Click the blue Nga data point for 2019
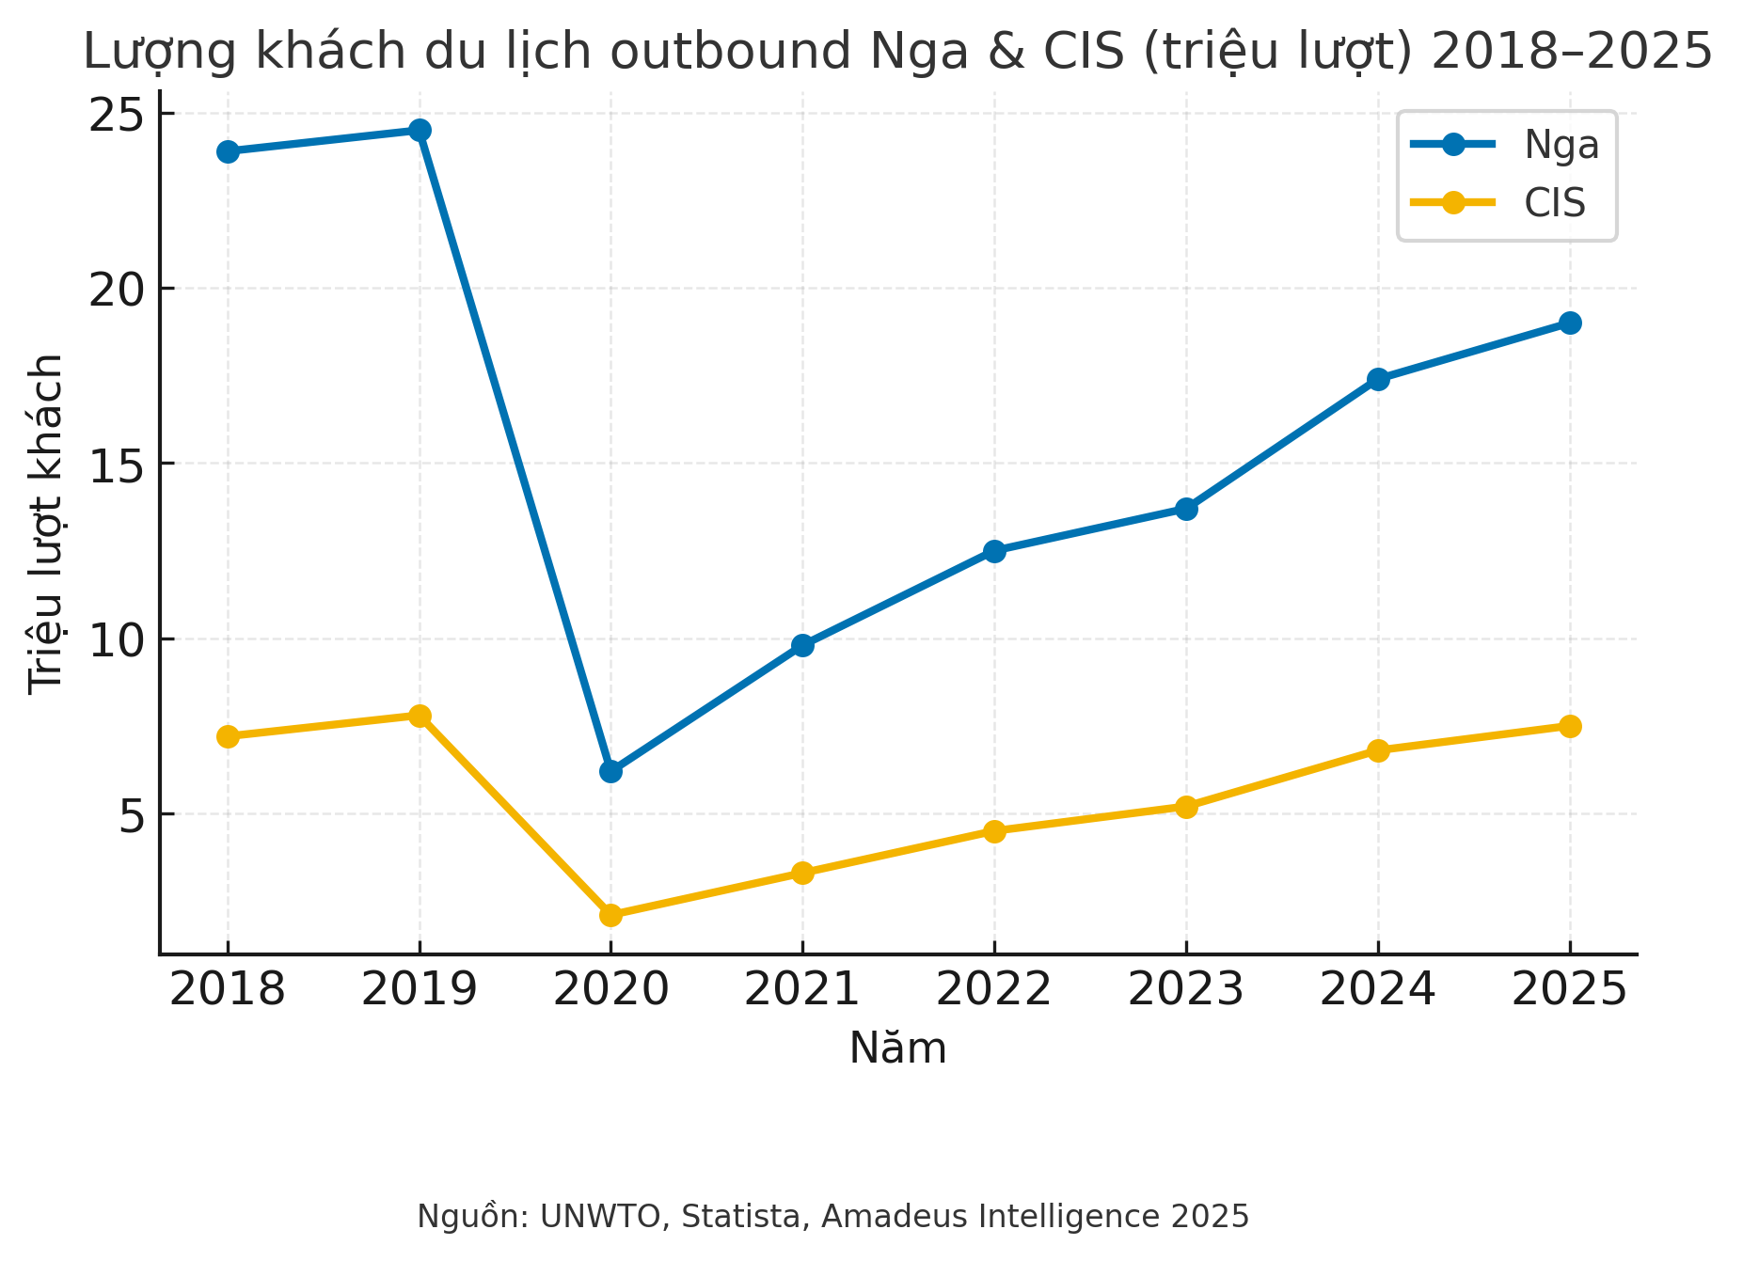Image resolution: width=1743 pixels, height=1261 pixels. (420, 130)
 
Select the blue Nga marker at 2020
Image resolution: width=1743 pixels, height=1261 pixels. (610, 771)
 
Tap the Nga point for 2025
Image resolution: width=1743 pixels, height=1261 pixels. (1569, 323)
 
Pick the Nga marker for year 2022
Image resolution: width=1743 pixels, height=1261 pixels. (994, 551)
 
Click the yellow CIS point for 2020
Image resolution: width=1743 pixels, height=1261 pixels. (610, 915)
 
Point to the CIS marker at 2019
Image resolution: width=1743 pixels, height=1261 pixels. (420, 716)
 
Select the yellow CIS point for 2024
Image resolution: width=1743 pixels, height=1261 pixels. (1378, 750)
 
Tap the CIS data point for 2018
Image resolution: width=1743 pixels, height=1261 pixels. (228, 736)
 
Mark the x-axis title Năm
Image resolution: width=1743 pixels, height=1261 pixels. (897, 1048)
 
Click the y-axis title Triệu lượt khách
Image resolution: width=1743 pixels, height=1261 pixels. (45, 524)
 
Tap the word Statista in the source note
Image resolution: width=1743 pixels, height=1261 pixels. (740, 1216)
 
